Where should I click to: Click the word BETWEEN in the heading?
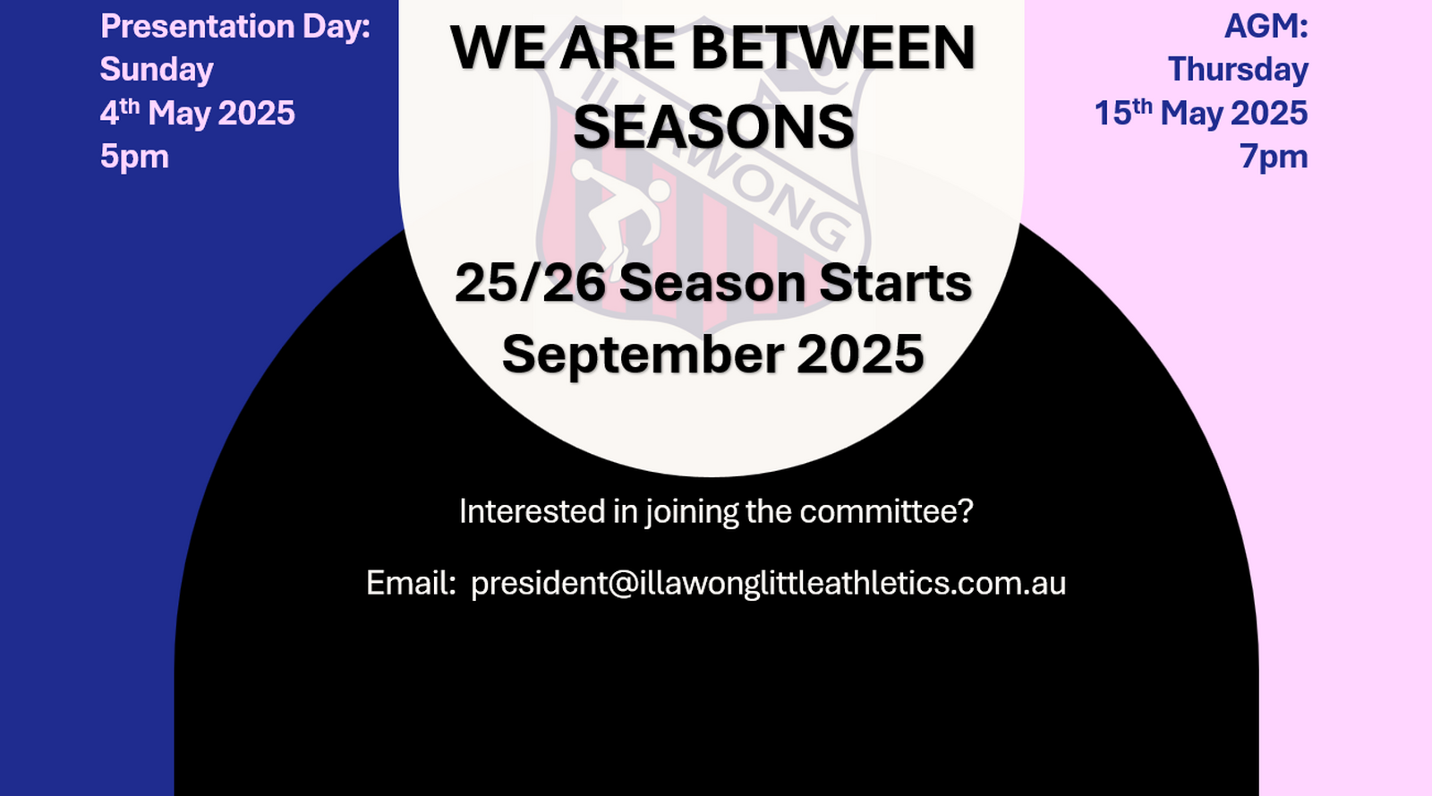833,48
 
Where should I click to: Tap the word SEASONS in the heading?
714,127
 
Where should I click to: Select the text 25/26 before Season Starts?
530,283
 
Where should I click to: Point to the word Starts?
896,283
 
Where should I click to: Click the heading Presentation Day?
235,28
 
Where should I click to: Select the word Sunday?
157,70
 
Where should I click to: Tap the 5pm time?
134,157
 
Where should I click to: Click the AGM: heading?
1266,27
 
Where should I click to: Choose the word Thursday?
1239,70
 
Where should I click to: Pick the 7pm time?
1274,157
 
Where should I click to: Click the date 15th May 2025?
1201,113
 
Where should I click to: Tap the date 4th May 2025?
198,113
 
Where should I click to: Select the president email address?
769,583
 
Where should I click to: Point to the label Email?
411,583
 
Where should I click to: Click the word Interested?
533,511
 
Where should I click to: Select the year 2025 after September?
860,355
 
